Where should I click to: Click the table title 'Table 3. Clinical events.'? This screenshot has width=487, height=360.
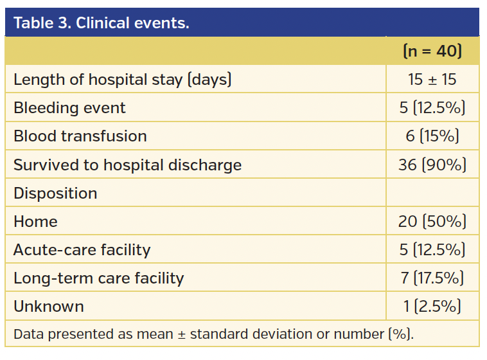tap(101, 23)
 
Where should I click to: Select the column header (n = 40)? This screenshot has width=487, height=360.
tap(432, 51)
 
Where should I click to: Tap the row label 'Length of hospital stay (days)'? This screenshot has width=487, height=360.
tap(122, 80)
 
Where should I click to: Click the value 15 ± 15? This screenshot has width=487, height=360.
tap(432, 80)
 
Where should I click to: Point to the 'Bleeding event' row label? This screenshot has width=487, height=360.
tap(69, 108)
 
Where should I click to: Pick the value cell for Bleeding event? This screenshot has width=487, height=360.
tap(432, 108)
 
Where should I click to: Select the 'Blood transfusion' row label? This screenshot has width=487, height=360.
tap(80, 136)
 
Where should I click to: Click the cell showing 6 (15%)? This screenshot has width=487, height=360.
tap(432, 136)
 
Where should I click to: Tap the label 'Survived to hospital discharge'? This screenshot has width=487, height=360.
tap(127, 165)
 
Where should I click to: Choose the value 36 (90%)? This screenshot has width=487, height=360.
tap(432, 165)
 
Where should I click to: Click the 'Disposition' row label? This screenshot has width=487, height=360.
tap(55, 193)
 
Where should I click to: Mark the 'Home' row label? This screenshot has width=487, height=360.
tap(35, 222)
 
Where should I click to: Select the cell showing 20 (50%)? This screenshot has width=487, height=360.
tap(432, 222)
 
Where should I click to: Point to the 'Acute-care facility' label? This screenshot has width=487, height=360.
tap(82, 250)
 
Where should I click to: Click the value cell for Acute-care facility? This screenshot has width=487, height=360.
tap(432, 250)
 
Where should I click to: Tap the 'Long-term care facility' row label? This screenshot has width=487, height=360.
tap(98, 278)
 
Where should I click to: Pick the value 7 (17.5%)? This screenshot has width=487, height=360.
tap(432, 278)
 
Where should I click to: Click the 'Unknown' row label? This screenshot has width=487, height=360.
tap(48, 307)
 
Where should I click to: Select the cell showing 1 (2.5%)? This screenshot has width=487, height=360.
tap(432, 307)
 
